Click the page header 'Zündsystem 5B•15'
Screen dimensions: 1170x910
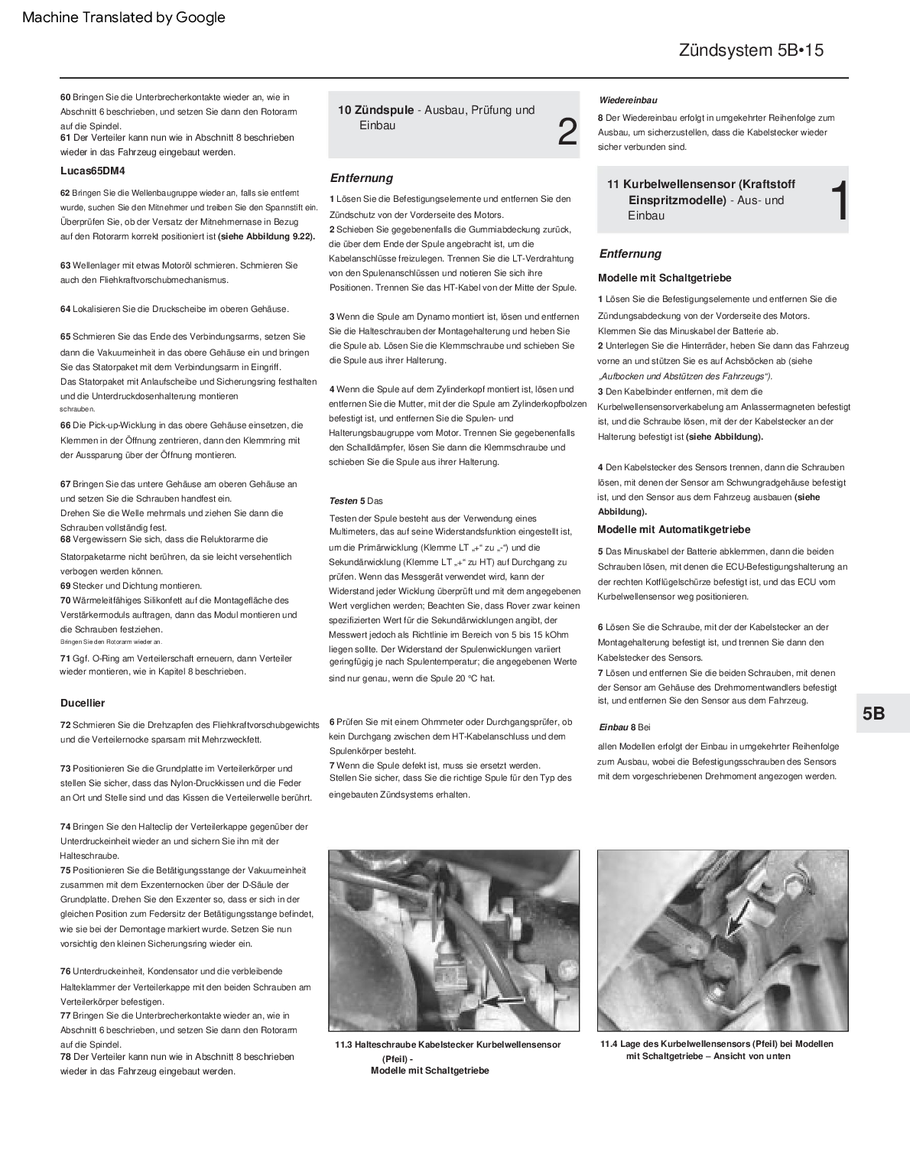750,50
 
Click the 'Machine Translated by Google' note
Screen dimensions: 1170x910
124,18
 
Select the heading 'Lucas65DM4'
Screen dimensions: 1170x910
93,171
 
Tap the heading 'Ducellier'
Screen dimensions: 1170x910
83,703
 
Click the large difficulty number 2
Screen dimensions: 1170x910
567,132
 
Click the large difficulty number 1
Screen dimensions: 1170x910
839,202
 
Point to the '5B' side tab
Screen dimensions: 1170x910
874,713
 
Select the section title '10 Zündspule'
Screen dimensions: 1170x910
376,110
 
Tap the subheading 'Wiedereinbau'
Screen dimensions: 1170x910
628,100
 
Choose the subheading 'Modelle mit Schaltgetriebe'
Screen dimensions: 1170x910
665,278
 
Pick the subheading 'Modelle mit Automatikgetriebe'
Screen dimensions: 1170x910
674,529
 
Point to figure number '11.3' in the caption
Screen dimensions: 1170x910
343,1045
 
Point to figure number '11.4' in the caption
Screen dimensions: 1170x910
609,1044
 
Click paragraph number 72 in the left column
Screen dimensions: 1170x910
65,725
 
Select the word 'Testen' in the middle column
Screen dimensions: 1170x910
343,501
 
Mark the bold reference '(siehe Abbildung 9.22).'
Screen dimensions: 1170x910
266,236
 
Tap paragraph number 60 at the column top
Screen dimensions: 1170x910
65,97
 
